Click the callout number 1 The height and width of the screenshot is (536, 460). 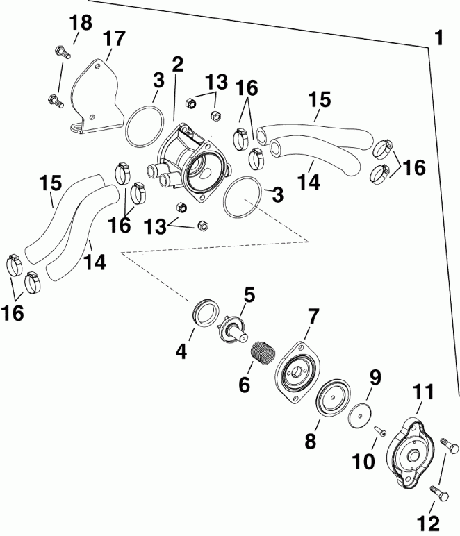pyautogui.click(x=438, y=36)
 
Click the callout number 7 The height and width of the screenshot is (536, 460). pyautogui.click(x=313, y=317)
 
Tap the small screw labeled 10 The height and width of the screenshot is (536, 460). pyautogui.click(x=380, y=433)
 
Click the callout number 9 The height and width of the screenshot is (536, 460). pyautogui.click(x=375, y=379)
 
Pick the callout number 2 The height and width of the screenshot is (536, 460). pyautogui.click(x=177, y=65)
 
